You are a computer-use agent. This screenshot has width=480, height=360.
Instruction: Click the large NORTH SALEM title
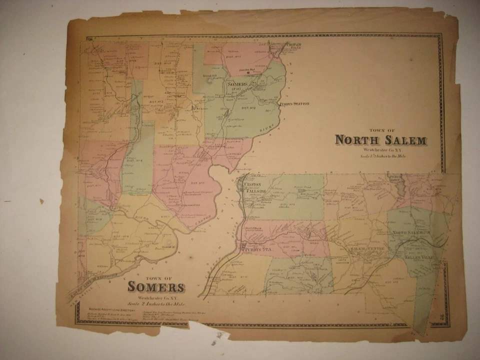(380, 140)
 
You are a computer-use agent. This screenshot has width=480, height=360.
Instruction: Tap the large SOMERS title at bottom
(155, 287)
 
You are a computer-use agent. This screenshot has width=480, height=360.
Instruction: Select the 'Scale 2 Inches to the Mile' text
(155, 303)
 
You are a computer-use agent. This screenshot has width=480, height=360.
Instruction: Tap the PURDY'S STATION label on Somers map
(294, 104)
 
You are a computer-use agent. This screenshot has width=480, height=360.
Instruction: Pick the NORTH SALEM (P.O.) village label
(411, 233)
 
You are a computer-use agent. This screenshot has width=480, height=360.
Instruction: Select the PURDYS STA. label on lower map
(256, 248)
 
